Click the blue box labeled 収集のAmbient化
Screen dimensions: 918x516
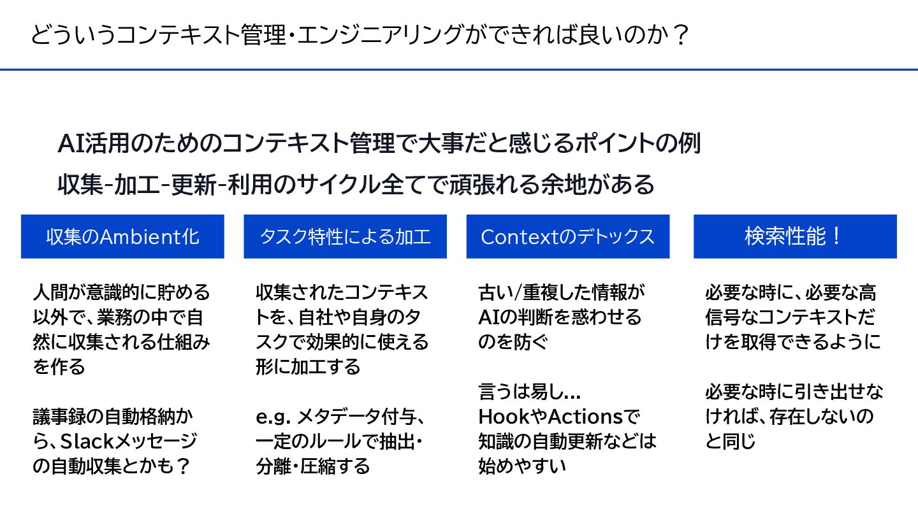coord(122,236)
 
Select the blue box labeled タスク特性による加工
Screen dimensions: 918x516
coord(345,236)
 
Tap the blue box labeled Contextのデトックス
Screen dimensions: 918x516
coord(567,236)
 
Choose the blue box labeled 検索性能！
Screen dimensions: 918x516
coord(795,236)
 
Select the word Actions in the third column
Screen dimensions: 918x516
coord(585,417)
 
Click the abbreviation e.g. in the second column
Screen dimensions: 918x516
coord(273,417)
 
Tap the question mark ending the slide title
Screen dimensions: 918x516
coord(680,36)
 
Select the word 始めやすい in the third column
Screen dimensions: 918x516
coord(522,466)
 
